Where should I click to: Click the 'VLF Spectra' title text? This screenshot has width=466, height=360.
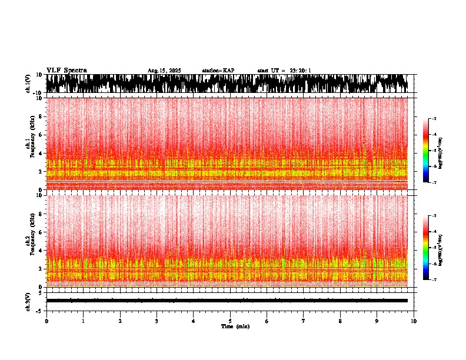pyautogui.click(x=66, y=70)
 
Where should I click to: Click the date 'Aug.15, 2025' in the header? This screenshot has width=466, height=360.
pyautogui.click(x=164, y=71)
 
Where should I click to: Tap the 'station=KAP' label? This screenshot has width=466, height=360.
pyautogui.click(x=218, y=71)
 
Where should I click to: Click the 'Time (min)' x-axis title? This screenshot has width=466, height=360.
pyautogui.click(x=235, y=326)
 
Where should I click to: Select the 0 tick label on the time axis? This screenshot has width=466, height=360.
pyautogui.click(x=46, y=321)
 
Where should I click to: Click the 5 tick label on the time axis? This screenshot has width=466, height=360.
pyautogui.click(x=230, y=321)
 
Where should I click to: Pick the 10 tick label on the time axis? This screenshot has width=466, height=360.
pyautogui.click(x=414, y=321)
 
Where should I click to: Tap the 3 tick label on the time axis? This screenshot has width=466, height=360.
pyautogui.click(x=157, y=321)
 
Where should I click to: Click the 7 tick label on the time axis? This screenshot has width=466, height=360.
pyautogui.click(x=304, y=321)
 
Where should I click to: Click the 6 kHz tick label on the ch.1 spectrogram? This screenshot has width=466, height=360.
pyautogui.click(x=40, y=135)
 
